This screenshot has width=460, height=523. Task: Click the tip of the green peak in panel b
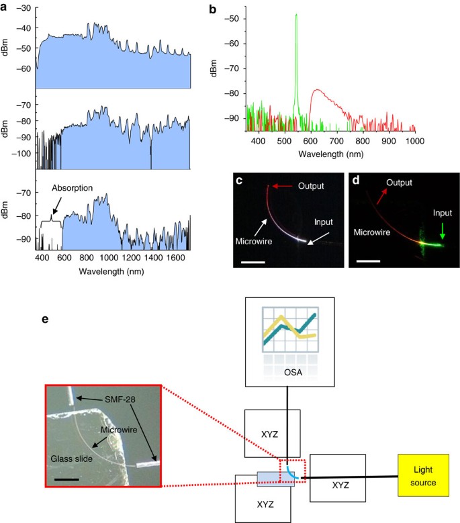click(x=296, y=14)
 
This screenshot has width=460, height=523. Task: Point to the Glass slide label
click(x=71, y=459)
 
